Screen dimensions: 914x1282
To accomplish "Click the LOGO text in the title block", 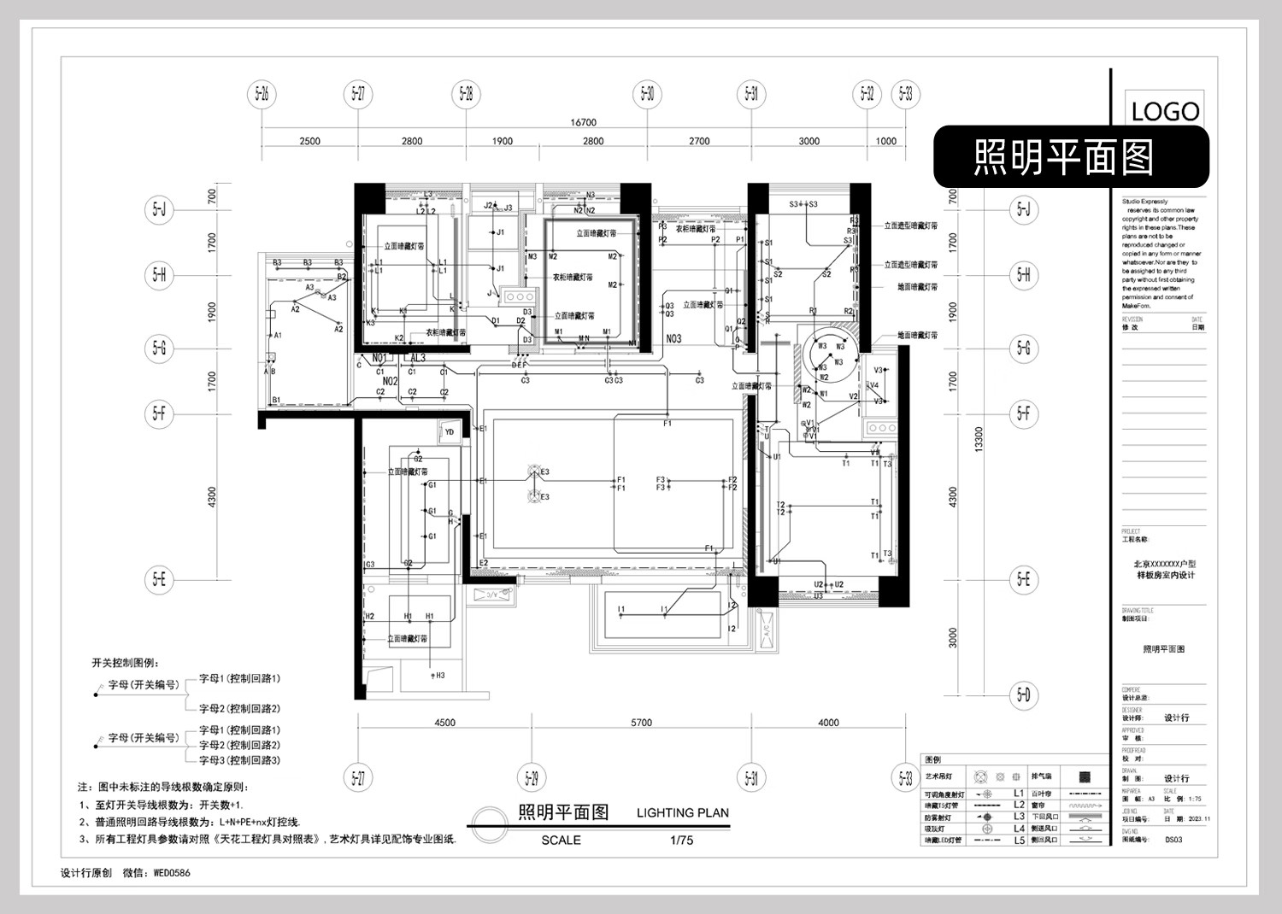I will (x=1165, y=111).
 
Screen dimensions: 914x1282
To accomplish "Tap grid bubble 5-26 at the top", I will (x=262, y=94).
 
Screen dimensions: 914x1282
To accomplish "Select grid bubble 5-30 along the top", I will (x=648, y=94).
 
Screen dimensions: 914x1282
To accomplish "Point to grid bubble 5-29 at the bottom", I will (x=532, y=778).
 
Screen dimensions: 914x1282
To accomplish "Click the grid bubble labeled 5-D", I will (x=1023, y=694).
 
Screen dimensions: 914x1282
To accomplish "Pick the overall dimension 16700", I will (x=583, y=123).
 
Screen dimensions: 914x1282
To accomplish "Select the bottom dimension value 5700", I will (x=641, y=723).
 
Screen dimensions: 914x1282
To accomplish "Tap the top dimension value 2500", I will (x=309, y=142).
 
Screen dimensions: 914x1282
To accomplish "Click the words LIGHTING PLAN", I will (x=682, y=813).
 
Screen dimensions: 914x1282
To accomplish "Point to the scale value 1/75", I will (x=682, y=841).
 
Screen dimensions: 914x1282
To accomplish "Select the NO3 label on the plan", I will (x=673, y=339).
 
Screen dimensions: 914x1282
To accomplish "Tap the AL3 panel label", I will (x=417, y=358).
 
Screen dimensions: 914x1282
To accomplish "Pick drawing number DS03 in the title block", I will (x=1173, y=840).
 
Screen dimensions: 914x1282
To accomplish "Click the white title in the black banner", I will (x=1063, y=157).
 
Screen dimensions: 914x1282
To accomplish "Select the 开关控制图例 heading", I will (x=125, y=663).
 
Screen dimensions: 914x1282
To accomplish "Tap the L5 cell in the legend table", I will (x=1019, y=841).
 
